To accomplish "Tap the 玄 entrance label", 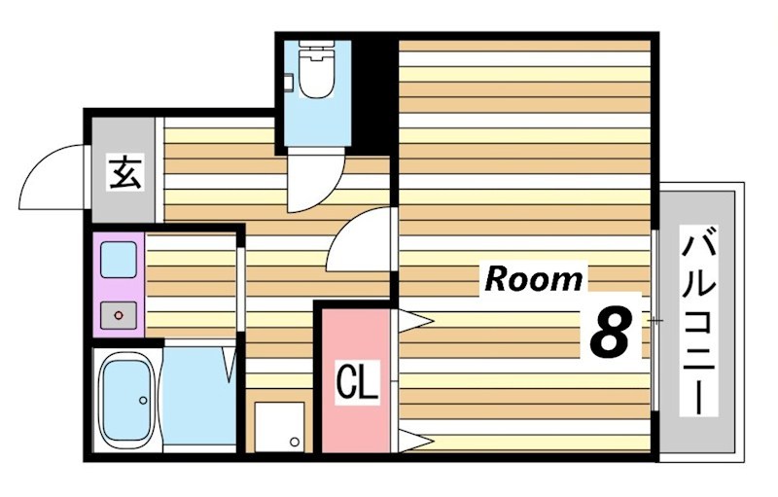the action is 125,172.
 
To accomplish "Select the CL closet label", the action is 357,382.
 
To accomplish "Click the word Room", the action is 533,279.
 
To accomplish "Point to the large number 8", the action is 610,332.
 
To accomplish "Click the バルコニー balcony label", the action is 698,320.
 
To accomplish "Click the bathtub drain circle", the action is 143,400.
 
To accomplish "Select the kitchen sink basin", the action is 119,260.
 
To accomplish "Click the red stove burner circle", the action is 118,315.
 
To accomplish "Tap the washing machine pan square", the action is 279,427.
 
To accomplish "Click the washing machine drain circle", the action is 295,442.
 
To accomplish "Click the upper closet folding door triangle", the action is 416,321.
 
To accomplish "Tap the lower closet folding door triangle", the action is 416,441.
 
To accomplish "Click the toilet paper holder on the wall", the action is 289,82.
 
